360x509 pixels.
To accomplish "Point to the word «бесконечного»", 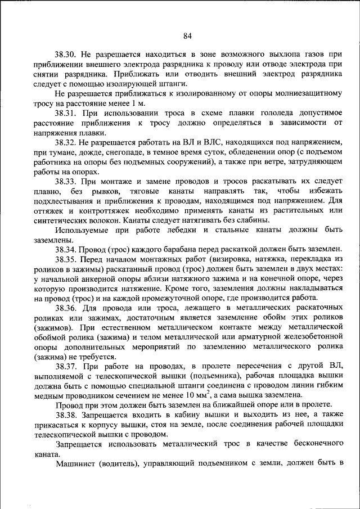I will (316, 444).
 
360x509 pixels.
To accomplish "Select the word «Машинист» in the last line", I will (75, 463).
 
